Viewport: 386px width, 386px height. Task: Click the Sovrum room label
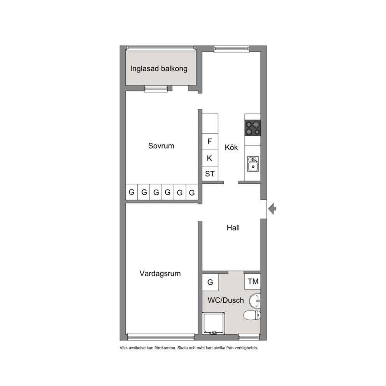point(161,146)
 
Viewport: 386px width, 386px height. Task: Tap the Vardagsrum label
point(160,274)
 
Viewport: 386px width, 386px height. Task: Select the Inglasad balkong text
point(159,68)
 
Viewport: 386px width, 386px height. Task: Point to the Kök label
point(231,147)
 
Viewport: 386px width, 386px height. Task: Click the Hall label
point(233,228)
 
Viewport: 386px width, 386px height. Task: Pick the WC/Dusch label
point(226,300)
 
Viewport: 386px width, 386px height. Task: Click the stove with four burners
point(253,128)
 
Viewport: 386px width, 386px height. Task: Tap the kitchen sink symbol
point(253,164)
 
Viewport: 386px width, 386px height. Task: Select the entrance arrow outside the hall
point(272,209)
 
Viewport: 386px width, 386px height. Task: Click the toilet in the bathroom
point(252,315)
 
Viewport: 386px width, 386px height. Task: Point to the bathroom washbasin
point(255,300)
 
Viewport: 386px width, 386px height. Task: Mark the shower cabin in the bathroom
point(214,323)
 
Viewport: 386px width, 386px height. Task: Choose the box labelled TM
point(253,281)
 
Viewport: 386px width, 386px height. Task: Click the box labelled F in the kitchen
point(210,142)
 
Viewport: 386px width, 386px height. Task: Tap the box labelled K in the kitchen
point(210,158)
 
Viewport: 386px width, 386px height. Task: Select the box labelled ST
point(210,174)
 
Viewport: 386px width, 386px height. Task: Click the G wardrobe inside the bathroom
point(210,282)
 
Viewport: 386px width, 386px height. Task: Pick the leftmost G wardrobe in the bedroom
point(132,192)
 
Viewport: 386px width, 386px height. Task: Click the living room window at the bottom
point(161,337)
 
